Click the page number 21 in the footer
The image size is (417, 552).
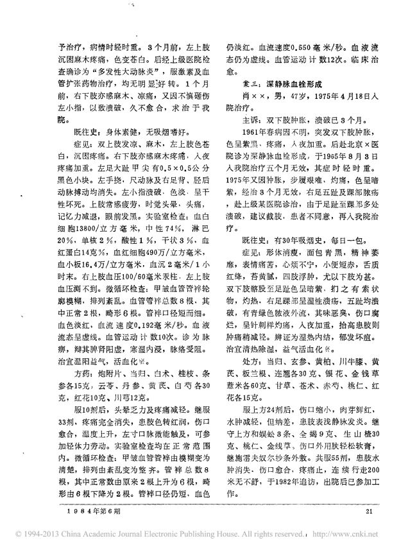pyautogui.click(x=368, y=511)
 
